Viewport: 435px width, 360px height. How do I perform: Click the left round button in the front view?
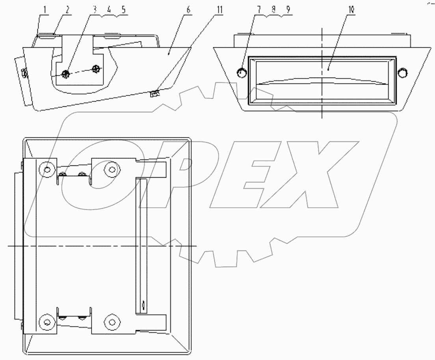[x=241, y=72]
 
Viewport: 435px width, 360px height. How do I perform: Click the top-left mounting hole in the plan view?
[x=48, y=170]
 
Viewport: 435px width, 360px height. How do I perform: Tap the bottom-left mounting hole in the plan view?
[x=48, y=322]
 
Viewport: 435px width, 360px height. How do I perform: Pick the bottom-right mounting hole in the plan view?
[x=112, y=322]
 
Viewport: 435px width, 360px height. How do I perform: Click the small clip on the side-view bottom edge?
[x=155, y=93]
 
